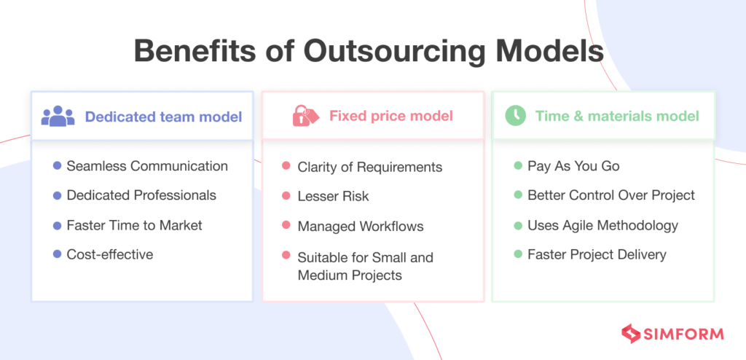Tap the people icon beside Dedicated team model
point(58,116)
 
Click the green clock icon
point(516,116)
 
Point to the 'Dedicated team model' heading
point(163,116)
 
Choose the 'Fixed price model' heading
point(391,116)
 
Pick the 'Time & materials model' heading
point(617,116)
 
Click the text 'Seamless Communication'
point(147,166)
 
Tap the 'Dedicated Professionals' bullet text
point(141,195)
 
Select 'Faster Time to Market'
point(134,225)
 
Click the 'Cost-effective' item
point(110,254)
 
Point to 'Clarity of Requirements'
point(369,167)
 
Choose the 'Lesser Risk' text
point(333,196)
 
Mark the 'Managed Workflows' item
point(360,226)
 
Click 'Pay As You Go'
point(573,166)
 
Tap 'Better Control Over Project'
point(610,195)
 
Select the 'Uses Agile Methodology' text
point(602,225)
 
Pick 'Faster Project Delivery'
point(597,254)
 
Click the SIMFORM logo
point(672,334)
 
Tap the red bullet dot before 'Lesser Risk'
point(286,196)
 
